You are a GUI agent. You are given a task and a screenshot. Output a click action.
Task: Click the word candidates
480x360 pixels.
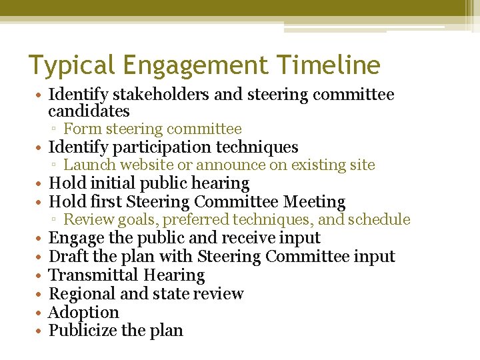(x=89, y=111)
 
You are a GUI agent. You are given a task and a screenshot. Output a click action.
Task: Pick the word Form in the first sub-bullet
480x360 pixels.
(x=79, y=129)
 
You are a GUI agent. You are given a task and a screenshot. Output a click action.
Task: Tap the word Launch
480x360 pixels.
(x=87, y=165)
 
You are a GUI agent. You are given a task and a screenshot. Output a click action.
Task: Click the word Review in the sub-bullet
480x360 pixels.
(x=86, y=220)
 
